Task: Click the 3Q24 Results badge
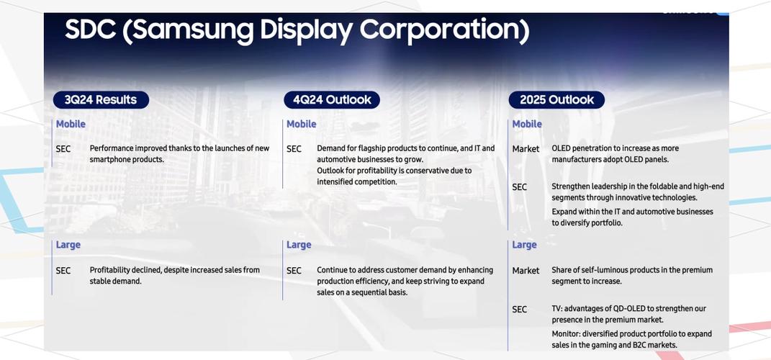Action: pyautogui.click(x=101, y=100)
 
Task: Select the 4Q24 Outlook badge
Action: pyautogui.click(x=332, y=100)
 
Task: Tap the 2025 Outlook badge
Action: pyautogui.click(x=556, y=100)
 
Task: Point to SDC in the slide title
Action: pyautogui.click(x=91, y=30)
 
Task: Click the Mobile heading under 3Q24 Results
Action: pyautogui.click(x=71, y=124)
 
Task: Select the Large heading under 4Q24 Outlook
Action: pyautogui.click(x=299, y=245)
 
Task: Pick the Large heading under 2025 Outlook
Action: pyautogui.click(x=525, y=245)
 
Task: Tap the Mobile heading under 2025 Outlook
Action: pyautogui.click(x=527, y=124)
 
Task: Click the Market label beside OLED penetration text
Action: pyautogui.click(x=526, y=148)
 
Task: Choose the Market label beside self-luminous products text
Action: pyautogui.click(x=526, y=271)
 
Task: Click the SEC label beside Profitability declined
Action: pyautogui.click(x=63, y=271)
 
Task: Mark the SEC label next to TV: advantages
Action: pyautogui.click(x=519, y=310)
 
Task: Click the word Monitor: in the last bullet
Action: pyautogui.click(x=566, y=334)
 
